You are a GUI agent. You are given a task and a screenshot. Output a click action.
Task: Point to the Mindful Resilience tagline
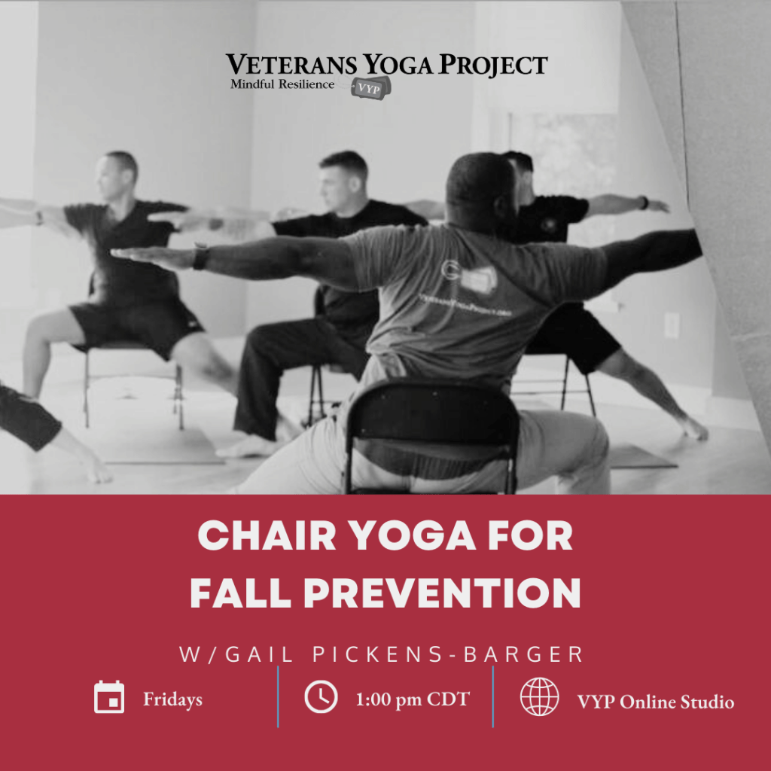point(282,84)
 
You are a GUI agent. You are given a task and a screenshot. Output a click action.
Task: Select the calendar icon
point(109,697)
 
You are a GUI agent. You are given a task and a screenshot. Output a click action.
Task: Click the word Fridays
point(172,699)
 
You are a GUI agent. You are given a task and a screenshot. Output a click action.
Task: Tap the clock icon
point(321,697)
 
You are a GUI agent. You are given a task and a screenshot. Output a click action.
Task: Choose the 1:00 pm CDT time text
point(412,699)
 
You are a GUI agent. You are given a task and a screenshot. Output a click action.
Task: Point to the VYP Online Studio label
point(655,702)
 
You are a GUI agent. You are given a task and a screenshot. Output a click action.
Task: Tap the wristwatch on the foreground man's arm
point(200,257)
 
